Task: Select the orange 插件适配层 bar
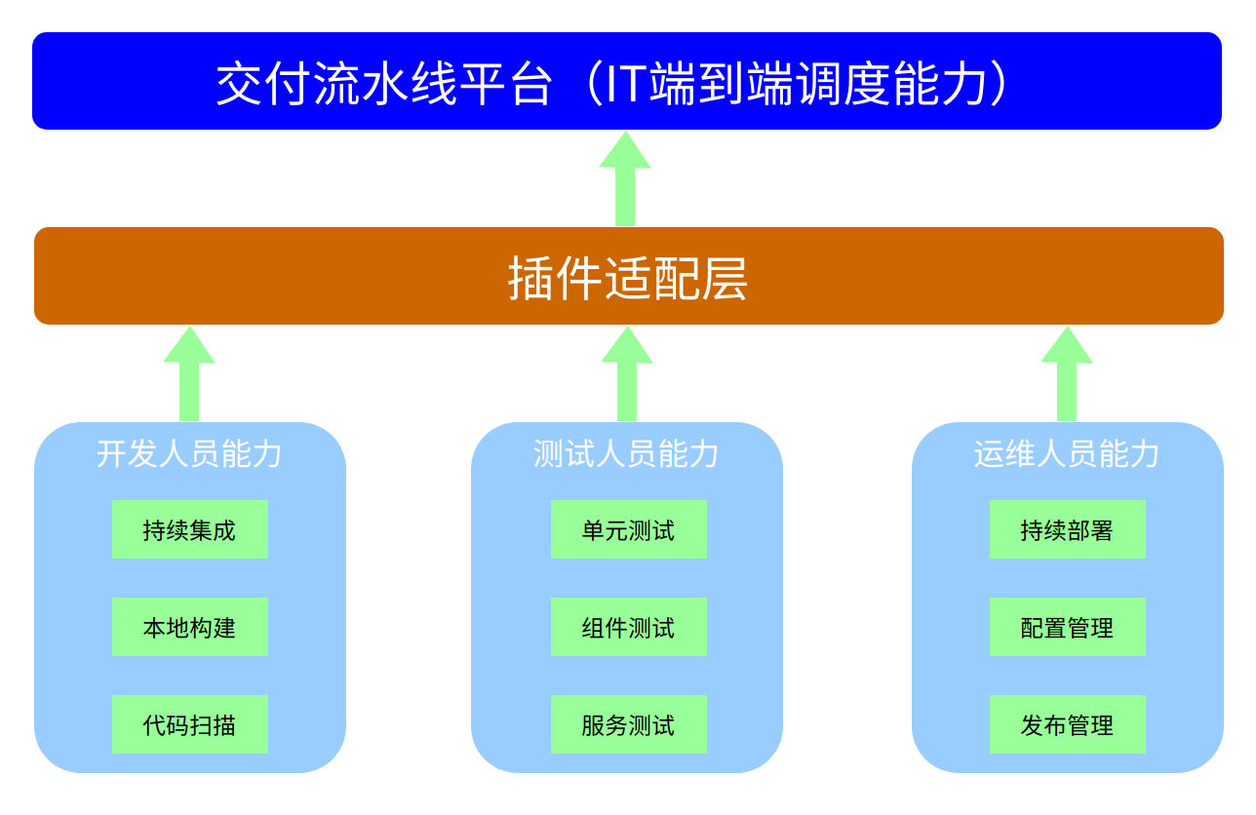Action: pos(628,277)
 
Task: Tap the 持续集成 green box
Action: pos(190,530)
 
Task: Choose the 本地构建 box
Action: pos(190,628)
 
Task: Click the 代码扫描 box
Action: pos(190,725)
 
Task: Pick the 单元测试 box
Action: pos(629,530)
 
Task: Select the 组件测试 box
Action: pos(629,628)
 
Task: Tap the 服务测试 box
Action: pos(629,725)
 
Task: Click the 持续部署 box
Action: pos(1068,530)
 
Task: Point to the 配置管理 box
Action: pos(1068,628)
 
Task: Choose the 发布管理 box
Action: pos(1068,725)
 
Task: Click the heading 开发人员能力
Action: pos(189,454)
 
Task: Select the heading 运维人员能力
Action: pos(1067,454)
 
